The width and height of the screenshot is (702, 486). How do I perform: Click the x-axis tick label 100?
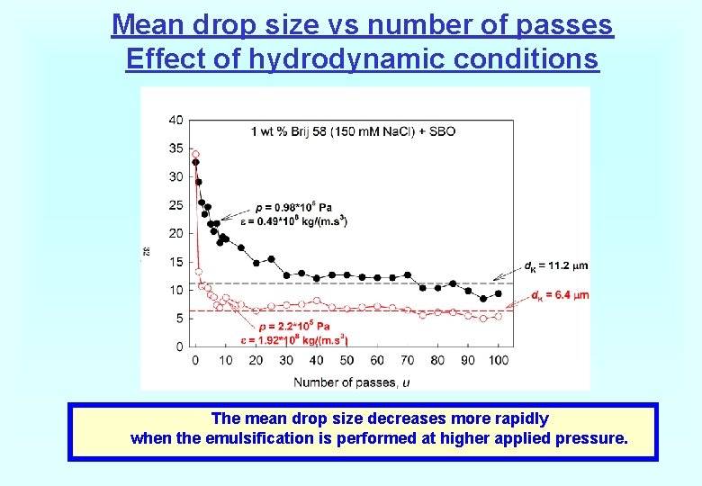(x=498, y=361)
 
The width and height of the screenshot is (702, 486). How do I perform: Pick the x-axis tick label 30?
(x=286, y=361)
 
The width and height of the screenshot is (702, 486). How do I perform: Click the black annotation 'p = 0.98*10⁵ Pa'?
(x=293, y=206)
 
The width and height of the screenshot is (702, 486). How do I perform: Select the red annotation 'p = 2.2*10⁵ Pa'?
(x=293, y=326)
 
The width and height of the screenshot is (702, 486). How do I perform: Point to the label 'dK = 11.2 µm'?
(x=554, y=266)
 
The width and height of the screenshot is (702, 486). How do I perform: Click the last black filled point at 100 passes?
(x=498, y=294)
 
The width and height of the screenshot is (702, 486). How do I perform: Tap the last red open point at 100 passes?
(x=498, y=316)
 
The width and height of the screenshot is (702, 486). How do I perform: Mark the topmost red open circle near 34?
(x=195, y=154)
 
